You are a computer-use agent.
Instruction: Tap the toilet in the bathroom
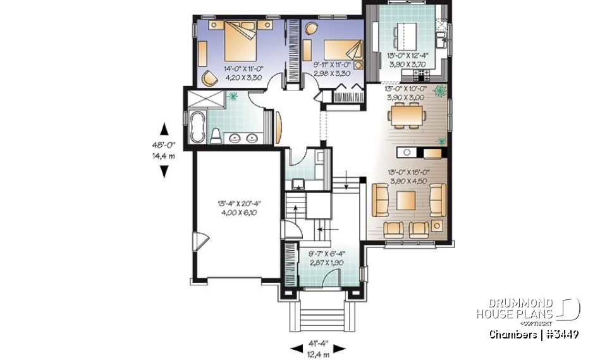[216, 135]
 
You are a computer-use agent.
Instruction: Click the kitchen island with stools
[402, 35]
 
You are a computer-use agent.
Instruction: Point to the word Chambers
[512, 334]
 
